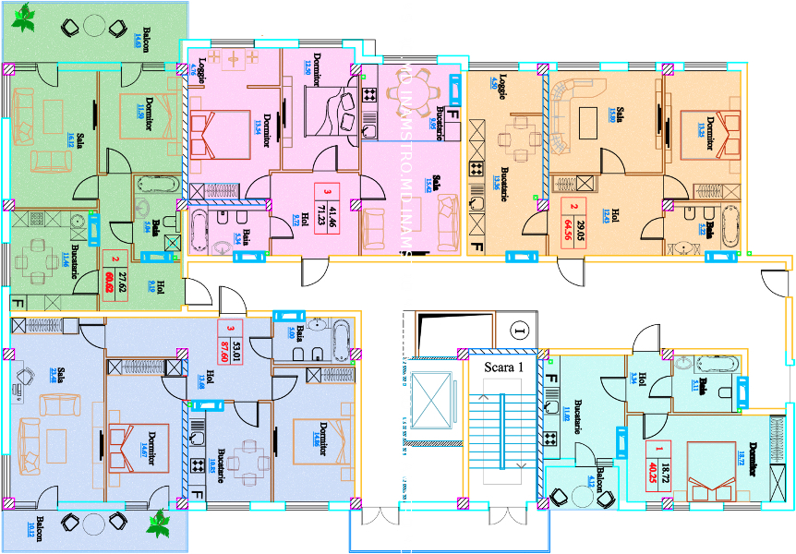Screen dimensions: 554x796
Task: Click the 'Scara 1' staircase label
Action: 504,366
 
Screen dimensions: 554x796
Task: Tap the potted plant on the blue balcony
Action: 161,524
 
